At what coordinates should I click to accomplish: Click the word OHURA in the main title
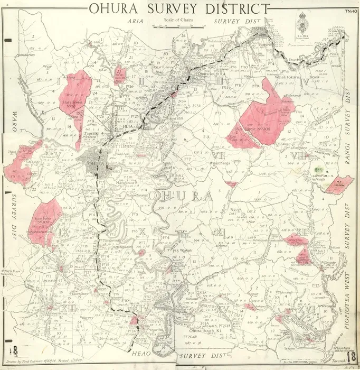point(114,9)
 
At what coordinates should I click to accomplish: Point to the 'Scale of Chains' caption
point(178,20)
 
